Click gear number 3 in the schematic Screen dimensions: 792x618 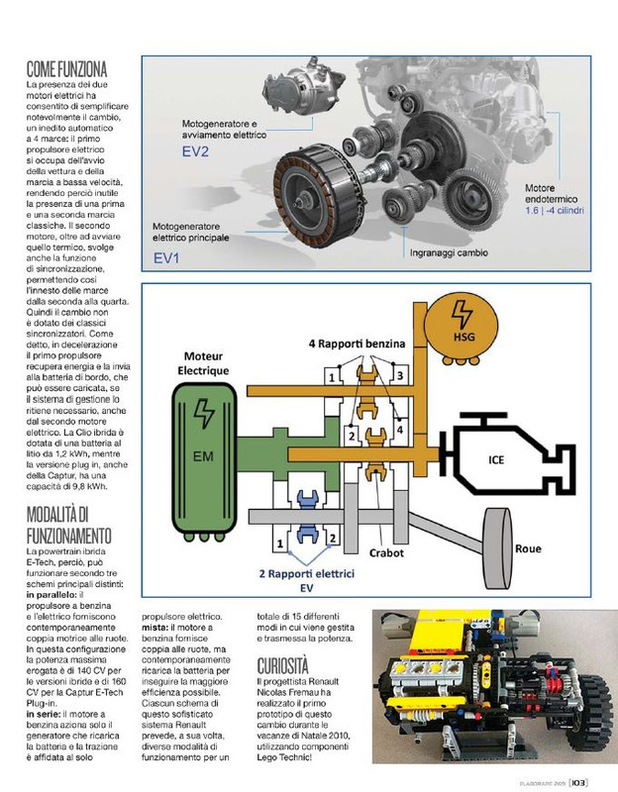click(399, 376)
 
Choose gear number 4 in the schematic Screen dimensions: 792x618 click(399, 430)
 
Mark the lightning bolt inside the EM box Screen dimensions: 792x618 click(203, 411)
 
